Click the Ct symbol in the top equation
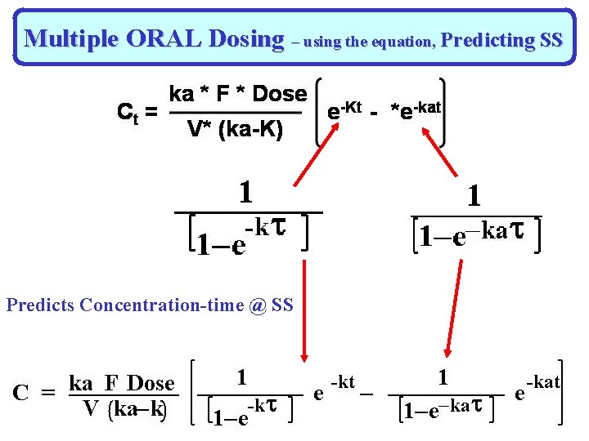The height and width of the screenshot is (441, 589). click(128, 112)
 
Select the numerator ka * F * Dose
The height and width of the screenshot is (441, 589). click(237, 95)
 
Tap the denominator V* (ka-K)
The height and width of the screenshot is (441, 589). click(235, 128)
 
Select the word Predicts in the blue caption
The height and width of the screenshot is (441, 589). click(41, 305)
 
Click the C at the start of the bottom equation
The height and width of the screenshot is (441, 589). click(22, 393)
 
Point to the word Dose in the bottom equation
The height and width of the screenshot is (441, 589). click(151, 383)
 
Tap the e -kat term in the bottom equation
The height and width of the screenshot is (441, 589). click(536, 389)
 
